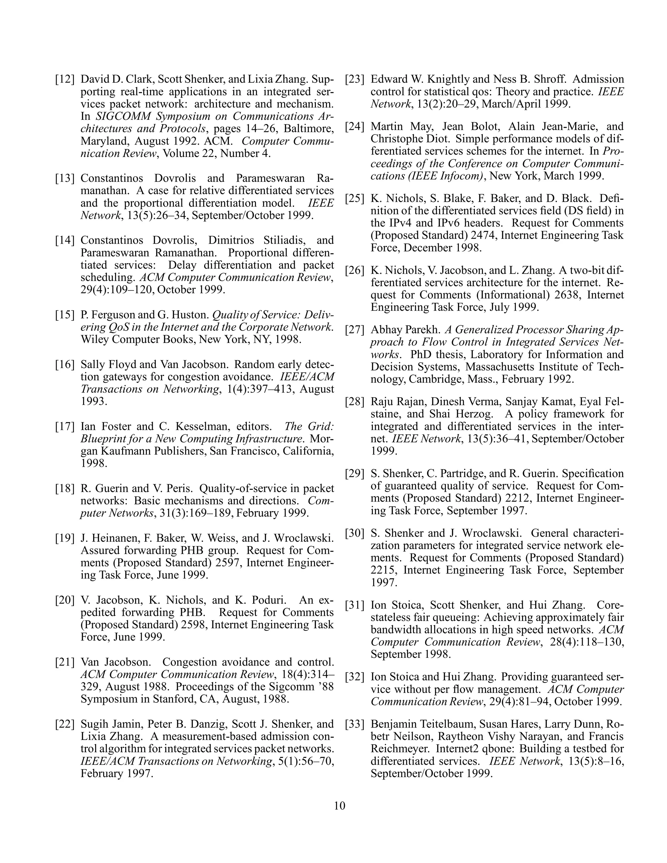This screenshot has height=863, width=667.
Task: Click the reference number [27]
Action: coord(355,330)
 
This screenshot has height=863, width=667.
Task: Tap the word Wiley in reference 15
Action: coord(94,340)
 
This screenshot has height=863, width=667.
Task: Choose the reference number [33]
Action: coord(355,724)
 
